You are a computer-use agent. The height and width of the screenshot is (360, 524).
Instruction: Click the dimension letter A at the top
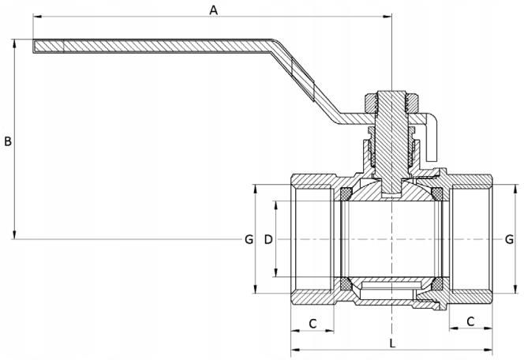(x=214, y=10)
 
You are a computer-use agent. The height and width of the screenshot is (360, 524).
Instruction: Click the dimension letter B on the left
(x=8, y=141)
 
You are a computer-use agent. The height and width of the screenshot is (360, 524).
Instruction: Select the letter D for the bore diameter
(x=268, y=239)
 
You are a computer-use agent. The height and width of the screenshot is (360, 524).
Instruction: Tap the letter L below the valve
(x=393, y=343)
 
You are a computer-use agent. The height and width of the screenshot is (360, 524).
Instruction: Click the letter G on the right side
(x=509, y=239)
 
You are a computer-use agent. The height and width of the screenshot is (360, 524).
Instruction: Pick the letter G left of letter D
(x=249, y=239)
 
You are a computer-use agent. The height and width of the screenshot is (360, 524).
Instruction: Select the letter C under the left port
(x=313, y=324)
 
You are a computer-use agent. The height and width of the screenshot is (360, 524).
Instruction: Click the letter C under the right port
(x=470, y=321)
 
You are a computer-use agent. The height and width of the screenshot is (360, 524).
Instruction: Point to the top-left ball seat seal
(x=346, y=194)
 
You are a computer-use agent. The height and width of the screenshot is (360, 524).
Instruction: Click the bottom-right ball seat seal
(x=437, y=284)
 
